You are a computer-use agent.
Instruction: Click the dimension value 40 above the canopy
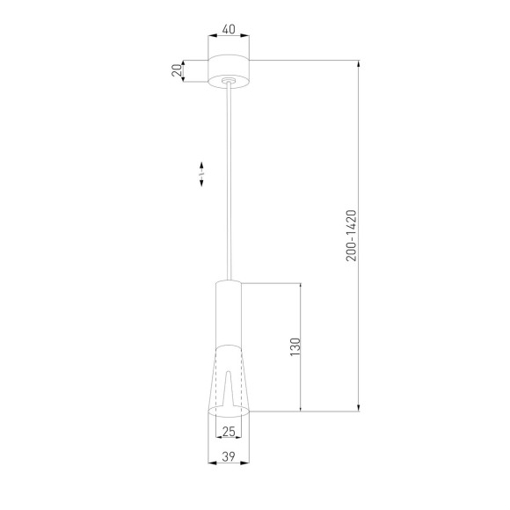(x=229, y=30)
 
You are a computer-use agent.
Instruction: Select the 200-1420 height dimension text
(x=349, y=235)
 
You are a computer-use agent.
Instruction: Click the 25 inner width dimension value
(x=229, y=431)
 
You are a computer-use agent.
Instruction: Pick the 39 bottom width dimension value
(x=229, y=455)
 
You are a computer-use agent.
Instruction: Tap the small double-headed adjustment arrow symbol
(x=201, y=174)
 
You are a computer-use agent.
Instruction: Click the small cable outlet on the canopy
(x=229, y=83)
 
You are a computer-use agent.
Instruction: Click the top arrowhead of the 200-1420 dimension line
(x=358, y=63)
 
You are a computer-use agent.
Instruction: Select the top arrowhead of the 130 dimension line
(x=302, y=287)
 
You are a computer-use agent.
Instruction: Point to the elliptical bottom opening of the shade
(x=229, y=411)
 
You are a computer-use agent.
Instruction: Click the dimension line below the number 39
(x=229, y=463)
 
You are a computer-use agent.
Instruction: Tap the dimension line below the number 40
(x=229, y=37)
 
